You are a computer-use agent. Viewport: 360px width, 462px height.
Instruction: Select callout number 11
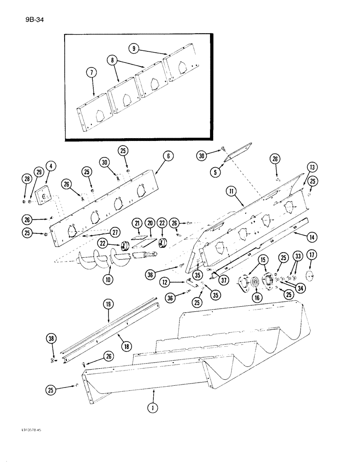(232, 190)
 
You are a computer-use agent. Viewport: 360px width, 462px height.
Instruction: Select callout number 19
(108, 305)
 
